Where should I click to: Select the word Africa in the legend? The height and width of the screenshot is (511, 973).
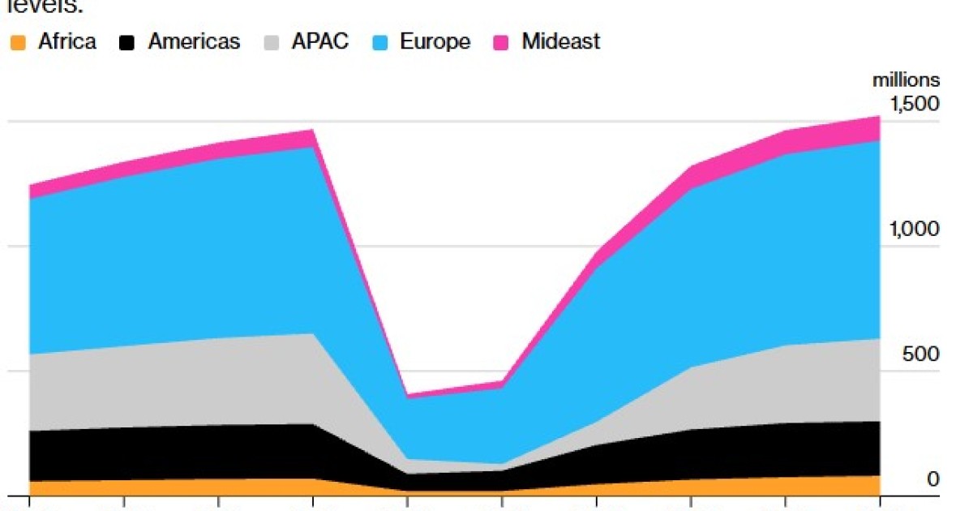click(x=67, y=42)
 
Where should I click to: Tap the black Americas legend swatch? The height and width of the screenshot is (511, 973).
click(x=127, y=42)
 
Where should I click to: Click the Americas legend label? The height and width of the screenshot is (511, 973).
click(x=194, y=42)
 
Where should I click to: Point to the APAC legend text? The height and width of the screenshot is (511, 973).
click(x=321, y=42)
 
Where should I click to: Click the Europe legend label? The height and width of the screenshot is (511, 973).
click(x=435, y=42)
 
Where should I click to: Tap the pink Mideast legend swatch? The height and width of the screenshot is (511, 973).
click(x=502, y=42)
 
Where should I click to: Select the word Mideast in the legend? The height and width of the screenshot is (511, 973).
click(x=561, y=42)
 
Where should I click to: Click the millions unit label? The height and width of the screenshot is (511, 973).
click(x=907, y=80)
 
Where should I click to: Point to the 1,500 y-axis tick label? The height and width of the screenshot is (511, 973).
click(x=915, y=104)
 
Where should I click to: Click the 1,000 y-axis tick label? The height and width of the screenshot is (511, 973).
click(x=915, y=229)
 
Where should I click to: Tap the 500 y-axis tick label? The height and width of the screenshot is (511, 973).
click(x=922, y=354)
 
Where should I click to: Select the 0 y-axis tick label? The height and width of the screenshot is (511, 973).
click(x=933, y=479)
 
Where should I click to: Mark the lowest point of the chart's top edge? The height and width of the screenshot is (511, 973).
click(x=408, y=395)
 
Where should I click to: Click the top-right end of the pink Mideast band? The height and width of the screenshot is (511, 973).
click(x=879, y=118)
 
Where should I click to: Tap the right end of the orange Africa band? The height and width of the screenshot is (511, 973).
click(x=879, y=485)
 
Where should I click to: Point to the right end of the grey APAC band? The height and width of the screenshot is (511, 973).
click(x=879, y=380)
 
